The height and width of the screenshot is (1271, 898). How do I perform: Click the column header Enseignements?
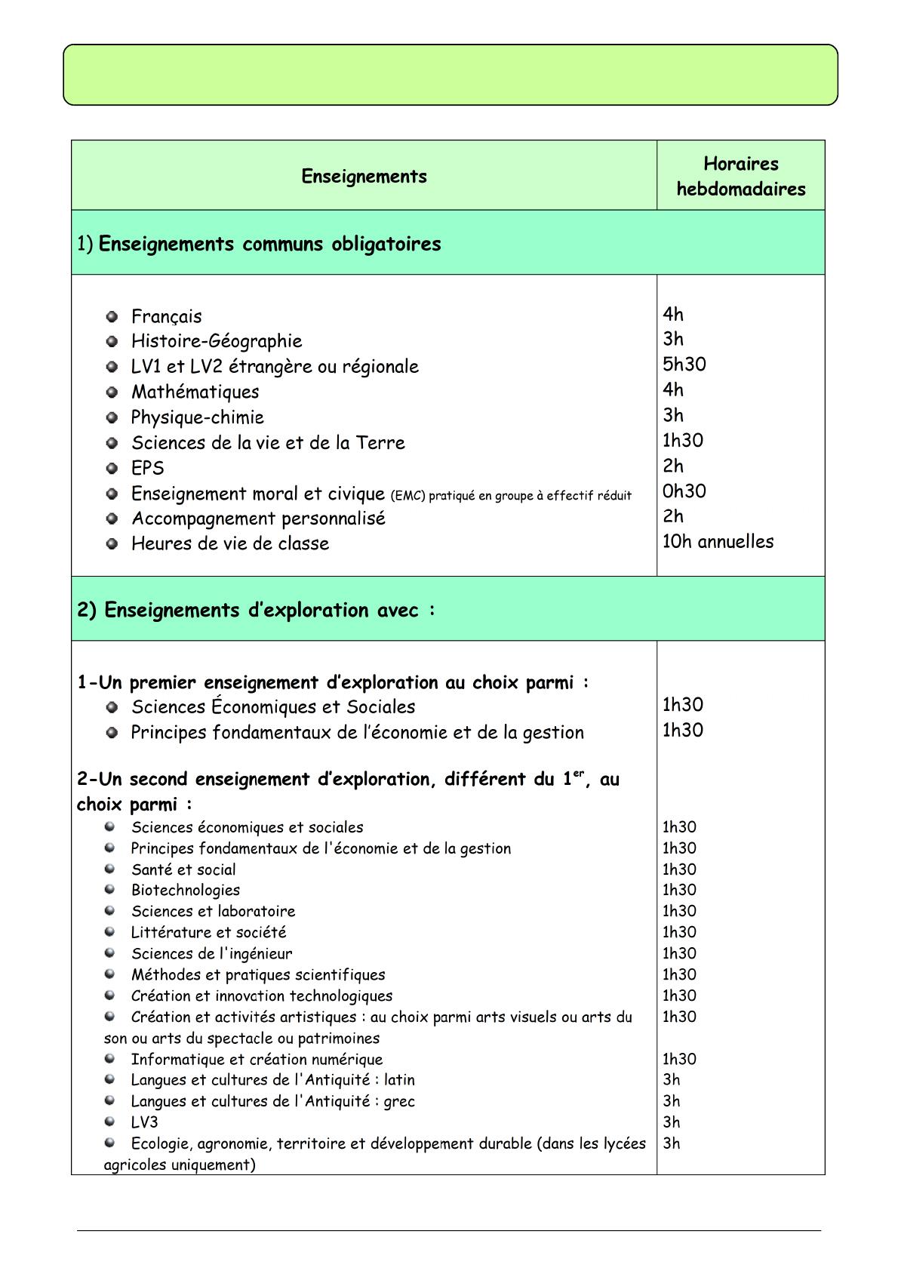pyautogui.click(x=364, y=176)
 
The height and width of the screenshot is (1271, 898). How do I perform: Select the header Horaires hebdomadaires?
pyautogui.click(x=740, y=176)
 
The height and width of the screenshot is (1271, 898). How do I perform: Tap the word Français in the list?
pyautogui.click(x=166, y=316)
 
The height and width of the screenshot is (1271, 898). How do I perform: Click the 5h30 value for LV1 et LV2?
pyautogui.click(x=684, y=364)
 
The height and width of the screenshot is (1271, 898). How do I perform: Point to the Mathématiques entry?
pyautogui.click(x=195, y=392)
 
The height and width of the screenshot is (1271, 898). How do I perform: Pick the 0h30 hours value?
pyautogui.click(x=684, y=491)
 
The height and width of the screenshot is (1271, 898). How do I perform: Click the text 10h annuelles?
pyautogui.click(x=718, y=541)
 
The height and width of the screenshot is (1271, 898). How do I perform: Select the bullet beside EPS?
pyautogui.click(x=112, y=468)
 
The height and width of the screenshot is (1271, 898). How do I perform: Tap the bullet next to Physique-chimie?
pyautogui.click(x=112, y=417)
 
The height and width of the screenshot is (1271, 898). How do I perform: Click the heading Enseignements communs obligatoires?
pyautogui.click(x=269, y=244)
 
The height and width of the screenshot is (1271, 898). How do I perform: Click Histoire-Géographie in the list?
pyautogui.click(x=216, y=341)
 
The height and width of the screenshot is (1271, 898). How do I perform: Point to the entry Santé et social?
pyautogui.click(x=183, y=869)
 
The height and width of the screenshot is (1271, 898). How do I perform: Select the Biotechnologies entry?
pyautogui.click(x=185, y=890)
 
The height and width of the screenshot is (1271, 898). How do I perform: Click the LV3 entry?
pyautogui.click(x=144, y=1122)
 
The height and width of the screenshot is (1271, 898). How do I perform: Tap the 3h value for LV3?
pyautogui.click(x=671, y=1122)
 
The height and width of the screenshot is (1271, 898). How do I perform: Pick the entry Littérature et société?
pyautogui.click(x=208, y=932)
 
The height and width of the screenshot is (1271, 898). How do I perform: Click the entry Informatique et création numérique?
pyautogui.click(x=257, y=1059)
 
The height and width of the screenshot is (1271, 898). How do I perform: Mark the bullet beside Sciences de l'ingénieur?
pyautogui.click(x=110, y=952)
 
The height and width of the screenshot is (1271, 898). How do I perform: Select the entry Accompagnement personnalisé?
pyautogui.click(x=258, y=519)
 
